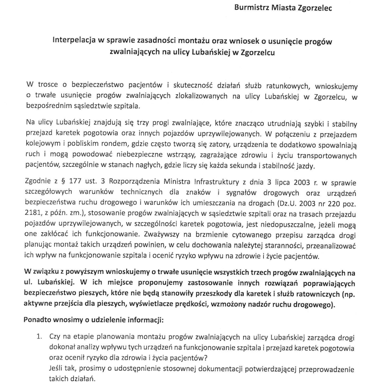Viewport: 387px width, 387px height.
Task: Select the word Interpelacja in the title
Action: (76, 42)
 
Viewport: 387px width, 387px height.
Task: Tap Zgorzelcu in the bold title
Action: (254, 53)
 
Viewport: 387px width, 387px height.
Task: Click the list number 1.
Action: (41, 336)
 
